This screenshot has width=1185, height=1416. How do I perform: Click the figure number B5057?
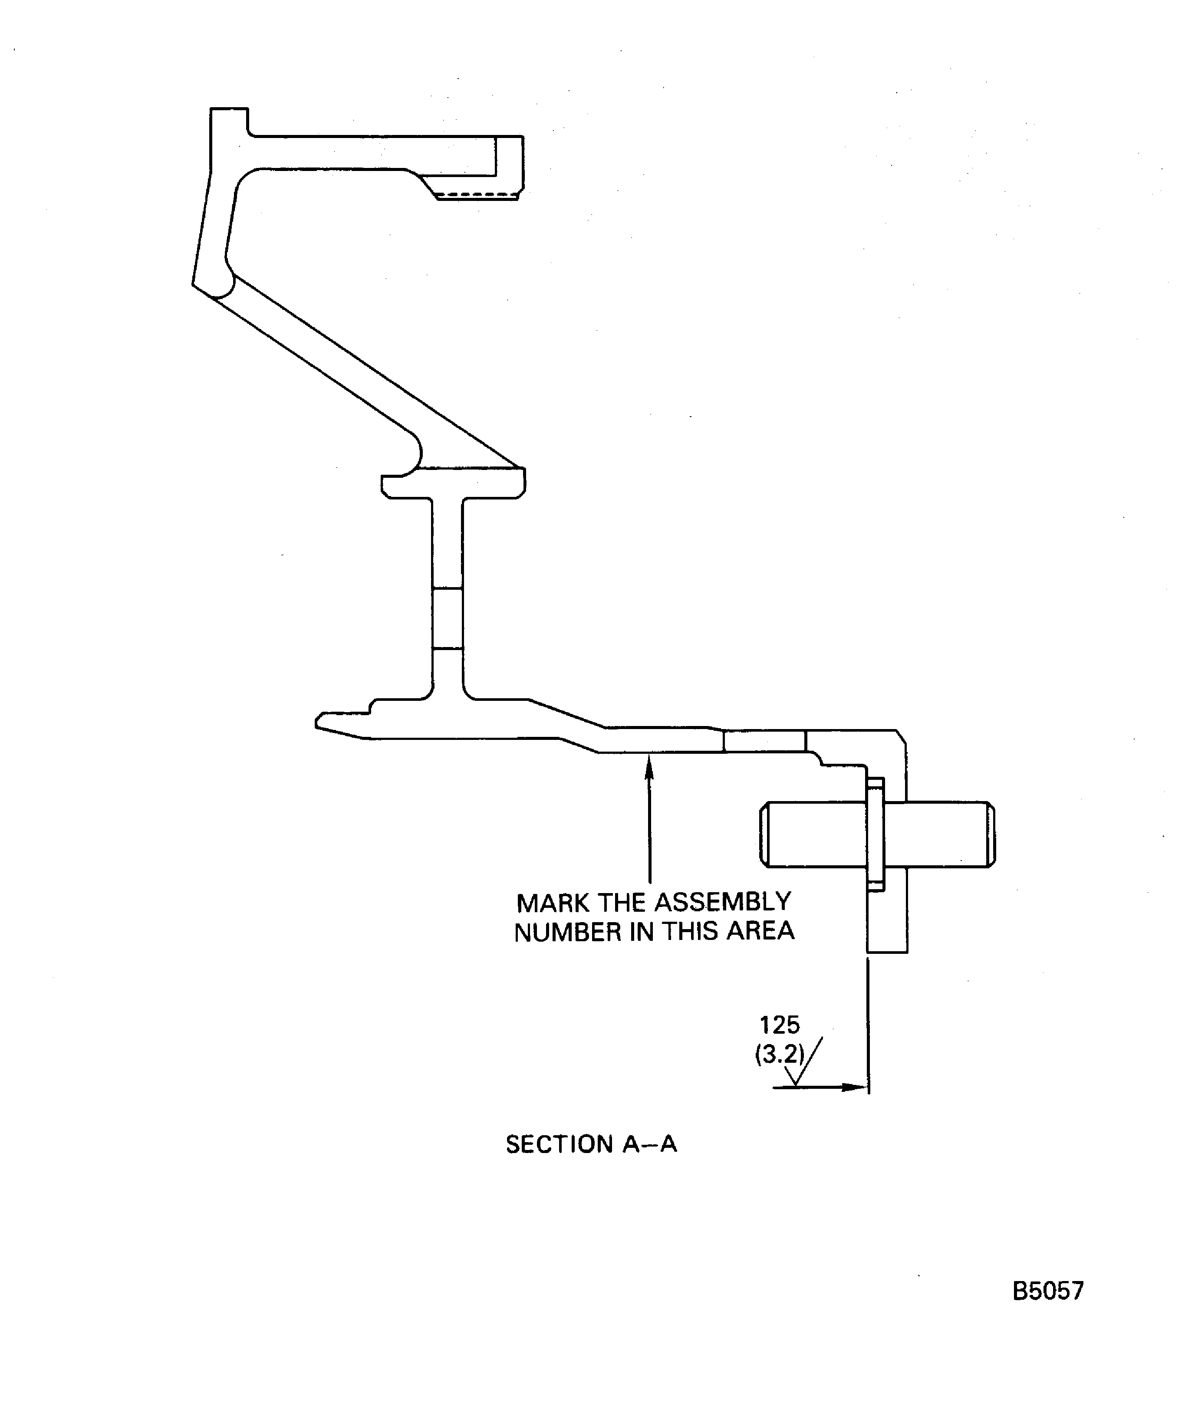1047,1291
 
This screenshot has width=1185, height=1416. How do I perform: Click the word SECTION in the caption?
559,1144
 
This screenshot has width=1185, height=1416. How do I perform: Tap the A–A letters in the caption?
649,1144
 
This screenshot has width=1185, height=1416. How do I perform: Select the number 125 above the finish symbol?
779,1025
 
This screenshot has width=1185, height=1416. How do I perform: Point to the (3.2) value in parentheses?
779,1054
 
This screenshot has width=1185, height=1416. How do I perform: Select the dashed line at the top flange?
476,196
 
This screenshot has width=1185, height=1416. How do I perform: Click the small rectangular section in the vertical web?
447,618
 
